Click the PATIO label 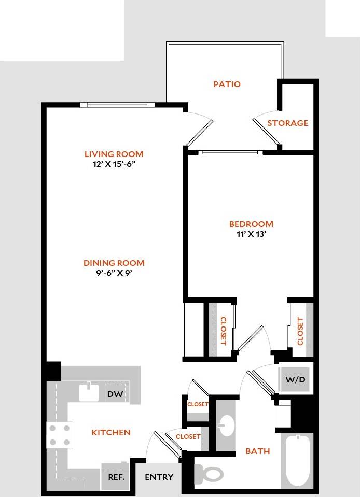[x=227, y=84]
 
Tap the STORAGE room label [x=287, y=123]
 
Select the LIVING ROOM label [x=114, y=154]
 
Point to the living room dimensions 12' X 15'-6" [x=114, y=164]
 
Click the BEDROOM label [x=251, y=224]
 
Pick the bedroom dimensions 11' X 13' [x=251, y=234]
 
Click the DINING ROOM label [x=114, y=263]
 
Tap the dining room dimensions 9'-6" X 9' [x=114, y=273]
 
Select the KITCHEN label [x=111, y=432]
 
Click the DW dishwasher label [x=115, y=394]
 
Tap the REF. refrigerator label [x=116, y=477]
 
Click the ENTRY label [x=159, y=477]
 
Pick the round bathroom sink [x=227, y=427]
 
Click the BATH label [x=258, y=451]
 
